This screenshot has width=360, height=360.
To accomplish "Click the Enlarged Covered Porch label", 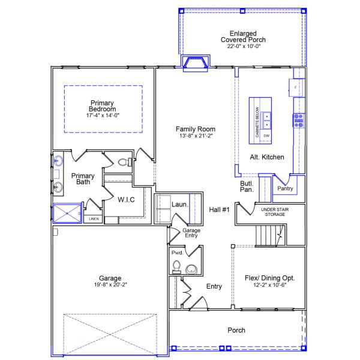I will [x=242, y=37].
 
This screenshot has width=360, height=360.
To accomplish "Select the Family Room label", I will [x=195, y=129].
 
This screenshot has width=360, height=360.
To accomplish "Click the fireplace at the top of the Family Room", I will [x=196, y=62].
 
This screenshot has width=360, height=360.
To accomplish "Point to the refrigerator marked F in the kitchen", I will [x=296, y=88].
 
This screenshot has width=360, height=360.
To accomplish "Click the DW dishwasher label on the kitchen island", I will [x=266, y=136].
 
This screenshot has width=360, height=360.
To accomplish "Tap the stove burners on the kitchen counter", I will [x=298, y=121].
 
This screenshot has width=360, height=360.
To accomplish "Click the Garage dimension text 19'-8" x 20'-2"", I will [x=110, y=285].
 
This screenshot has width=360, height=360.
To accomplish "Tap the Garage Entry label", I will [x=191, y=233].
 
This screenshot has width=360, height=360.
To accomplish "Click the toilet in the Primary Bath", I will [x=124, y=162].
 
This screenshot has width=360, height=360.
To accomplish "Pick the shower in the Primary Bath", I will [x=67, y=213].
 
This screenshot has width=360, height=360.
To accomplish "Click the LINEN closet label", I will [x=94, y=219].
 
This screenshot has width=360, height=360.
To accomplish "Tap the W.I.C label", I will [x=125, y=199].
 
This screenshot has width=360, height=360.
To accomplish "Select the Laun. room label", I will [x=180, y=205].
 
